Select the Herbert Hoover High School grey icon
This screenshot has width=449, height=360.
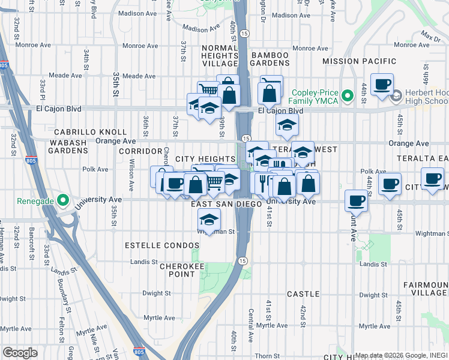(396, 96)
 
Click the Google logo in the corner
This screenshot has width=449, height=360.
(20, 353)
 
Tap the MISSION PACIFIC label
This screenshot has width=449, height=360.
(359, 61)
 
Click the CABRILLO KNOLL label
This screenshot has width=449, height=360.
(90, 132)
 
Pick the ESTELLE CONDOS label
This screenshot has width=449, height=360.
(161, 246)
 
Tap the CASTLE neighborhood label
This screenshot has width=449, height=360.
(303, 293)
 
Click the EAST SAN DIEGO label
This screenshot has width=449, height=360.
(226, 204)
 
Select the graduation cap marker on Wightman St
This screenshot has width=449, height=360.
(209, 220)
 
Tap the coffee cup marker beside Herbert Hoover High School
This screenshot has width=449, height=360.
(382, 85)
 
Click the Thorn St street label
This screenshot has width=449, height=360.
(262, 356)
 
